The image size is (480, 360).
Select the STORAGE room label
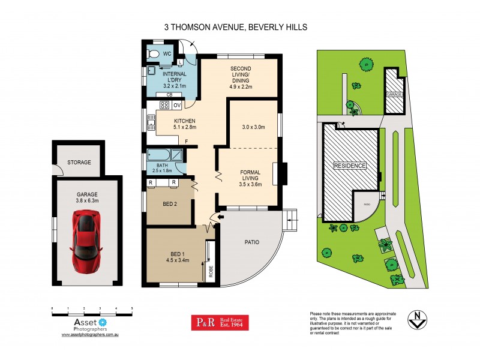click(79, 162)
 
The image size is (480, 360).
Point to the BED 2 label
click(170, 203)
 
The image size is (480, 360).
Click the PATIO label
click(251, 243)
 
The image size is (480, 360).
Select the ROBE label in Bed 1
click(211, 270)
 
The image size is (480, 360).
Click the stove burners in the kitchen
click(164, 105)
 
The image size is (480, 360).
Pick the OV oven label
click(177, 106)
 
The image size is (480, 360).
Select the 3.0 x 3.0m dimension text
click(253, 127)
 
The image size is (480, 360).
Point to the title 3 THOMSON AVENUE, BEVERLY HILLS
click(240, 27)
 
